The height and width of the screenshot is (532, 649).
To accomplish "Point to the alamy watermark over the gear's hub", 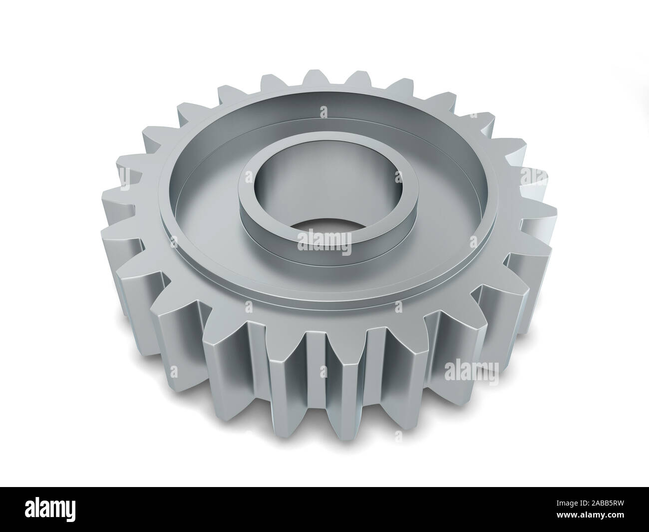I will (324, 239).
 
